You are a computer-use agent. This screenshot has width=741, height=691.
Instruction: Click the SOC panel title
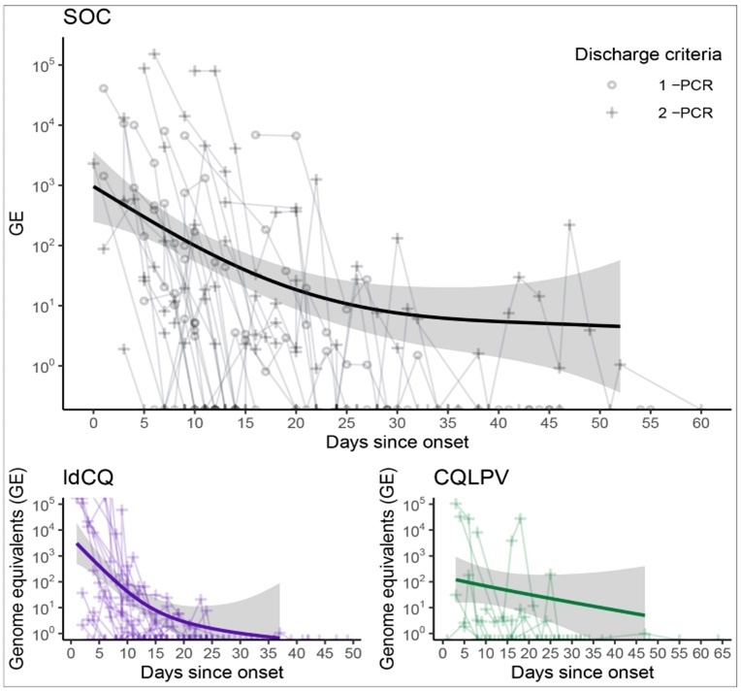85,16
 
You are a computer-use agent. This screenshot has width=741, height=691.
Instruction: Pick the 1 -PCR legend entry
685,84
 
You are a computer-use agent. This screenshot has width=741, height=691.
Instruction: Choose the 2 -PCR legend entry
685,113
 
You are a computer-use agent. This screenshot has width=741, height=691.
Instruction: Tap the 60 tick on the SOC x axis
700,424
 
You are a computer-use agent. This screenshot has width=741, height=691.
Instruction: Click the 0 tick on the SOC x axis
93,424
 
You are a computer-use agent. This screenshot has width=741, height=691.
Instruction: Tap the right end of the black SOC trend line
619,326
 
